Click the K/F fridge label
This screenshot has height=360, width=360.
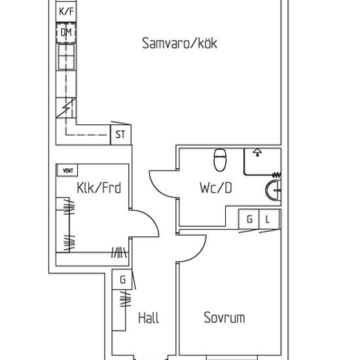point(66,11)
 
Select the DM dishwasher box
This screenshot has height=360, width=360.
point(66,33)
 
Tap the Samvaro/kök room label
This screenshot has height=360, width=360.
point(179,43)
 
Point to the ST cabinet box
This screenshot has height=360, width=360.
point(121,135)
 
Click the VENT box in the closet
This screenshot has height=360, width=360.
point(67,170)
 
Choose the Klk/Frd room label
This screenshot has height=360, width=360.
point(99,188)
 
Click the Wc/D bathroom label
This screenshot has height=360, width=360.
point(216,188)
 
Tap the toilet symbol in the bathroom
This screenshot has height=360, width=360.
point(220,160)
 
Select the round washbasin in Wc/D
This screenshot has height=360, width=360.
point(273,190)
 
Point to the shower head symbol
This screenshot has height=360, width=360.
point(257,153)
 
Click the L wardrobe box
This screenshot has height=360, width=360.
point(269,219)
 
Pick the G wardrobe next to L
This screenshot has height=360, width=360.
point(249,219)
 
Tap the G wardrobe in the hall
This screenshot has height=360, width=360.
point(122,279)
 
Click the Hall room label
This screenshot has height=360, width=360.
point(149,318)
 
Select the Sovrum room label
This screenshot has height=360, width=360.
point(225,317)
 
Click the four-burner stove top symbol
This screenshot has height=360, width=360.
point(66,57)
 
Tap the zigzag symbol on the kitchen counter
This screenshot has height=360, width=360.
point(66,108)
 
